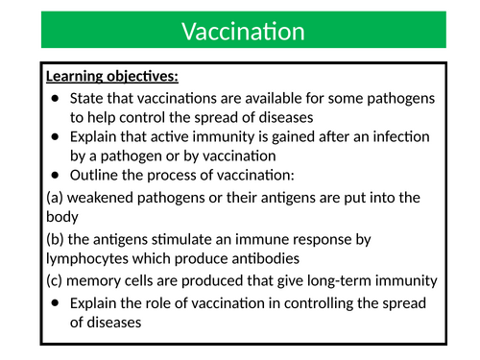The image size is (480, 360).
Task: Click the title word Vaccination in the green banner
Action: coord(243,32)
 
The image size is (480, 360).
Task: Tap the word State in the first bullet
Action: coord(86,99)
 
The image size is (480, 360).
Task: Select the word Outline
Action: coord(94,174)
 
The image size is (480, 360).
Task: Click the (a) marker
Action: coord(56,197)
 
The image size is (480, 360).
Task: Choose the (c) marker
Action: coord(56,279)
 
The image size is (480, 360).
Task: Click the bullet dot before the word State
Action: coord(56,100)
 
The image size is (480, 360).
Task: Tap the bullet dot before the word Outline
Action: coord(56,175)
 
